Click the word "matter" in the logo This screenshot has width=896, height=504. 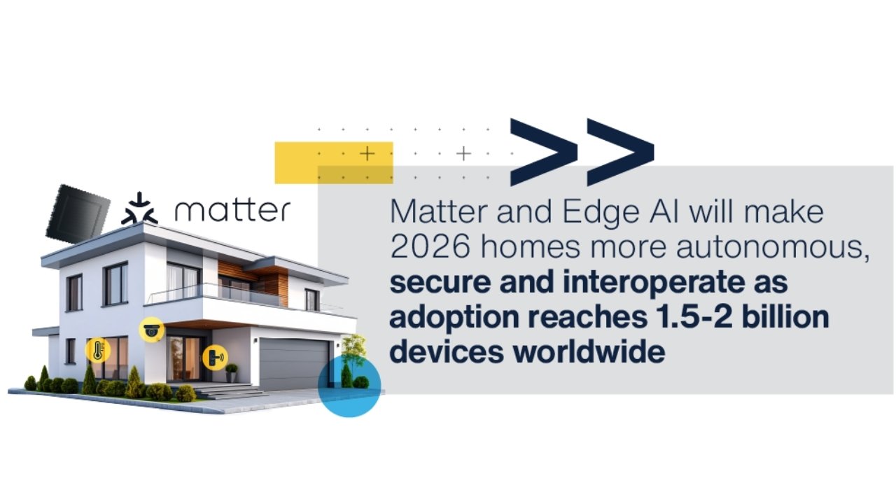click(232, 211)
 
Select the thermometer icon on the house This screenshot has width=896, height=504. click(97, 350)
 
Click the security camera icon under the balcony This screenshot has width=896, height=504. click(151, 329)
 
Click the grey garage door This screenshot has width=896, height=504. click(294, 365)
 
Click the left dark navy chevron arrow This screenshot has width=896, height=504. click(543, 152)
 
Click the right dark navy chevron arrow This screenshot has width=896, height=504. click(620, 152)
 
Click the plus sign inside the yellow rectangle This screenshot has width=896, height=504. click(367, 154)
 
